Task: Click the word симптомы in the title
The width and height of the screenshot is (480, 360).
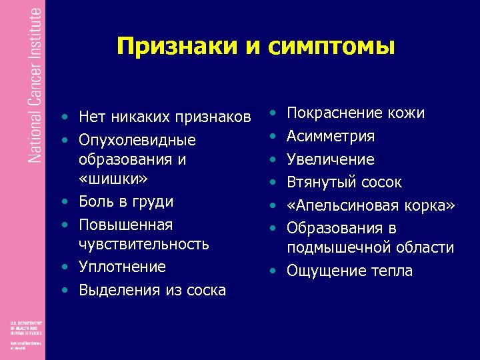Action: coord(332,46)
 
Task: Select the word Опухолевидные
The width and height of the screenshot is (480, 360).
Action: coord(137,141)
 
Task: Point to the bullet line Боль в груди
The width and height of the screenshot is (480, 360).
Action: coord(126,201)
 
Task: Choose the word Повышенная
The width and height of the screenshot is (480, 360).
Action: coord(125,225)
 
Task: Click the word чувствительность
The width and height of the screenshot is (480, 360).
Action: coord(143,244)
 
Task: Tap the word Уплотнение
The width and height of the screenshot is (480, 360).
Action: coord(122,267)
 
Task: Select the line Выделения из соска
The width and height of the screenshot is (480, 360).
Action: coord(152,290)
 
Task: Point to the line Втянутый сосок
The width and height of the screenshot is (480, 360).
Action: coord(344,182)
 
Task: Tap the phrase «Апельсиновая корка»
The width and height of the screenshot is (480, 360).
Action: coord(370,205)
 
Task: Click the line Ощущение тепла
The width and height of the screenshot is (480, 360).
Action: coord(349,271)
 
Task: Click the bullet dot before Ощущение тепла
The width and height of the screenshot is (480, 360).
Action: coord(273,271)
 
